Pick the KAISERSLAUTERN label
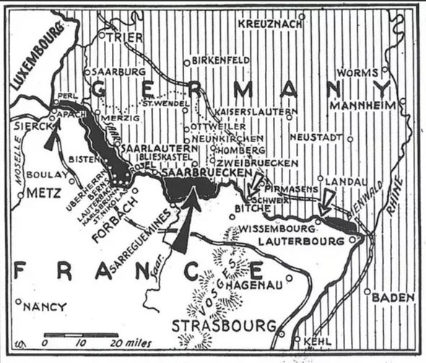tap(257, 113)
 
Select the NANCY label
tap(45, 307)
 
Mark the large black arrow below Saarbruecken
tap(184, 224)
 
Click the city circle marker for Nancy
tap(17, 302)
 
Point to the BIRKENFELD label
tap(222, 59)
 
